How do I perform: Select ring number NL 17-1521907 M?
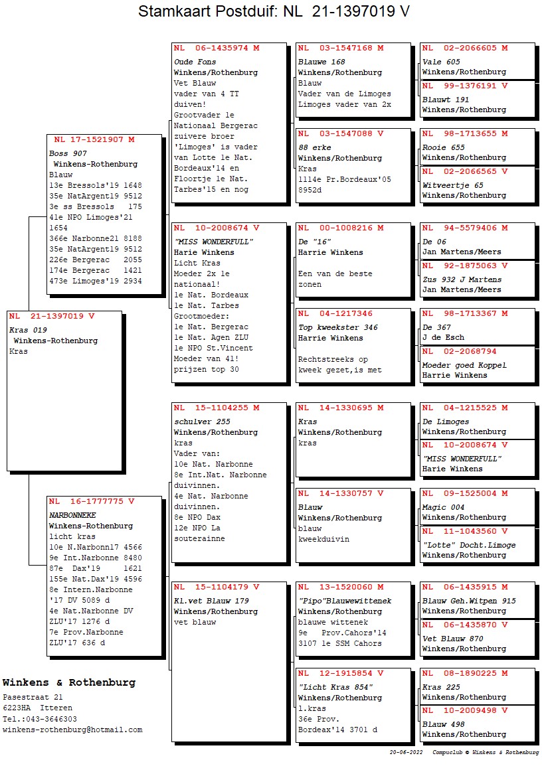94,139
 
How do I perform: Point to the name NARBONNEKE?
72,515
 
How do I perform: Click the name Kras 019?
28,330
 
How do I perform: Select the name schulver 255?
202,422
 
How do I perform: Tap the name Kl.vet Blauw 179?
211,601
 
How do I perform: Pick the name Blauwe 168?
321,62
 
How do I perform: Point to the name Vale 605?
441,62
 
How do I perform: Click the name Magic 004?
443,507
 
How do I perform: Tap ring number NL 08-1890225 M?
465,673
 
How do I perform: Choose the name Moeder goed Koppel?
464,365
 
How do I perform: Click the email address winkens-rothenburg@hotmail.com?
72,730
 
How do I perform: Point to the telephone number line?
40,719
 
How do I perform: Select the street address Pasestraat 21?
33,697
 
